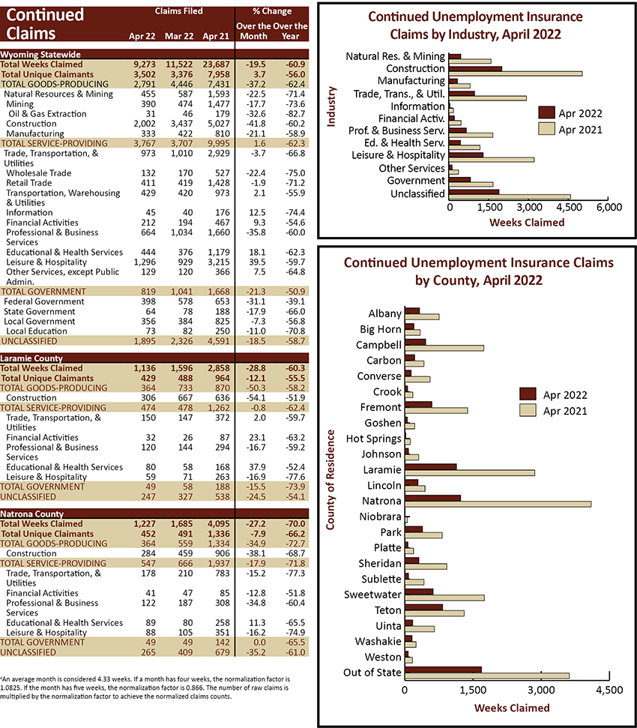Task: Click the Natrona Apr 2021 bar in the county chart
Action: [498, 504]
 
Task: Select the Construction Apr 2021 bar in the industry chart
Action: [516, 73]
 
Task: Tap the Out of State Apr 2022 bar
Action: [443, 670]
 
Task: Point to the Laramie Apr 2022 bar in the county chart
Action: [431, 466]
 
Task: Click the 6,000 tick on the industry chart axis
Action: [609, 207]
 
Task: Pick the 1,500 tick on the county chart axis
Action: [473, 690]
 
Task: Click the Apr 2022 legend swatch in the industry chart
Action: [546, 112]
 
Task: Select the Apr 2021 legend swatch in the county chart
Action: [528, 410]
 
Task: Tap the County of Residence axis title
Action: [330, 480]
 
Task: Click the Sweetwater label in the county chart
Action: [372, 595]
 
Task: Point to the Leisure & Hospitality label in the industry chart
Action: [398, 155]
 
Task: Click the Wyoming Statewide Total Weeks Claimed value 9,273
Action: [145, 64]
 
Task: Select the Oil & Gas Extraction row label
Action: [47, 114]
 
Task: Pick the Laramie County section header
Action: [31, 358]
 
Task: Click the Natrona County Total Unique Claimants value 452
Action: [148, 534]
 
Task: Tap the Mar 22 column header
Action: [179, 36]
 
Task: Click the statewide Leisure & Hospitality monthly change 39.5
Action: [257, 262]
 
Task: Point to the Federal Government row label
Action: [44, 301]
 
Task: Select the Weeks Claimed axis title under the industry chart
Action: [527, 223]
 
